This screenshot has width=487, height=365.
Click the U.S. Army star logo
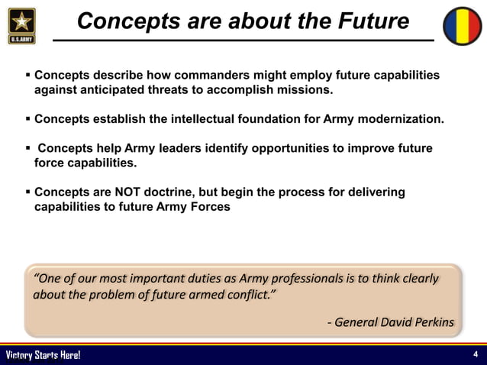click(21, 24)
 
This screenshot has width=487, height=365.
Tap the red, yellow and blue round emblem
click(465, 25)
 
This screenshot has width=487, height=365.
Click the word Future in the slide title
click(373, 21)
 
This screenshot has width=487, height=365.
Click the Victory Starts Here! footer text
click(43, 356)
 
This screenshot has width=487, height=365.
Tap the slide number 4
click(476, 355)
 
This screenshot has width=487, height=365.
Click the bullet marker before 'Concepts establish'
click(27, 120)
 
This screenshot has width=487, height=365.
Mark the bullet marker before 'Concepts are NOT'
click(27, 192)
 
